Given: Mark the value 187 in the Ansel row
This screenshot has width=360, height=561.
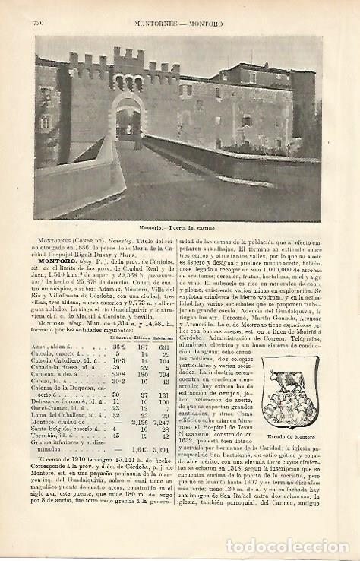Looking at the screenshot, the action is (141, 346).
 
